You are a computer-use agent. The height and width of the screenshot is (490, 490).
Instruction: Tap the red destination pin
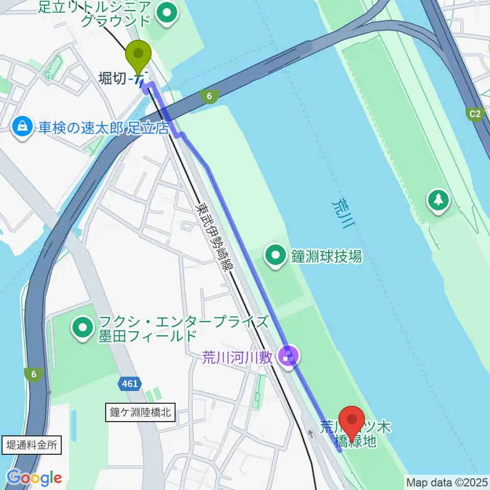pos(352,422)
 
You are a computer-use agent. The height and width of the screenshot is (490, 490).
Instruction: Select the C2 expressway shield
pos(475,113)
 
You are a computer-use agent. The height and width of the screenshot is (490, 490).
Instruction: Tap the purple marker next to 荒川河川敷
pos(289,356)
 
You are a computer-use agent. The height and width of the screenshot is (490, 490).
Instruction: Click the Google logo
pos(34,478)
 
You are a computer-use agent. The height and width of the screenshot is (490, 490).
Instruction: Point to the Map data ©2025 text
pos(447,482)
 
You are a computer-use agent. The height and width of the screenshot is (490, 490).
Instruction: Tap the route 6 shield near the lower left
pos(34,375)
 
